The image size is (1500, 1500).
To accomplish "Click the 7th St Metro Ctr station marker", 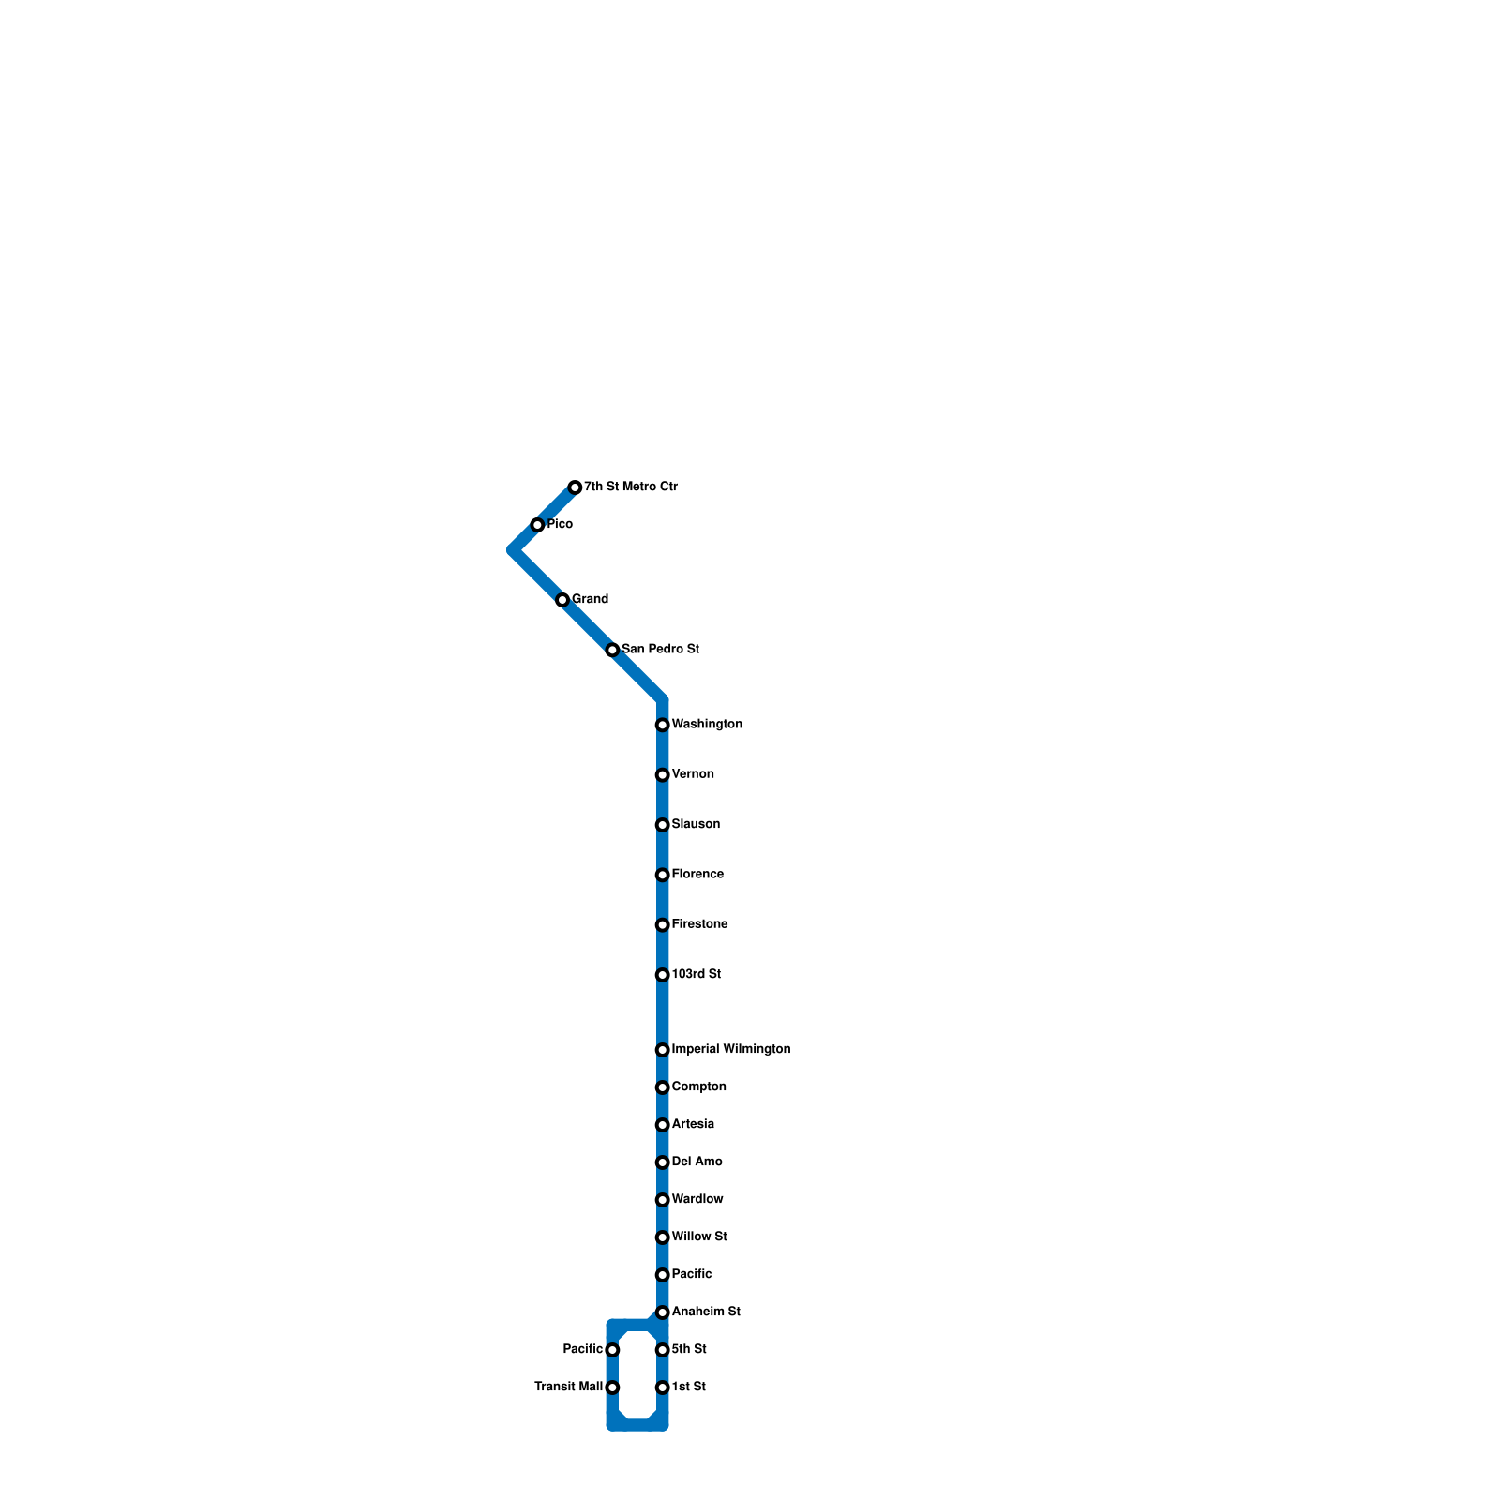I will click(575, 487).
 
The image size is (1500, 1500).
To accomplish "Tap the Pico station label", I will click(560, 524).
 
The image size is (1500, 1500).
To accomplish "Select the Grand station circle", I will click(562, 600).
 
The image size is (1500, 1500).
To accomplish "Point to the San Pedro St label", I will click(660, 649).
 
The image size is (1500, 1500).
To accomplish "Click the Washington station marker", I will click(662, 725).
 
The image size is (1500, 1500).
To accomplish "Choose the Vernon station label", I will click(693, 774).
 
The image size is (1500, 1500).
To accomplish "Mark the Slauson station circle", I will click(662, 825).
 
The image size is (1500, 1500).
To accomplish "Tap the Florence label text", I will click(697, 875).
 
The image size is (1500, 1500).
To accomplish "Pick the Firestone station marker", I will click(662, 925).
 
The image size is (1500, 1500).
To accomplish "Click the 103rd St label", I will click(696, 975).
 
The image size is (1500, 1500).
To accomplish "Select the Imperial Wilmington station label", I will click(731, 1049).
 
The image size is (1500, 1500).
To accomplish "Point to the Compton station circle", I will click(662, 1087).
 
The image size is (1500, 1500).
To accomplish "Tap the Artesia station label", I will click(693, 1124).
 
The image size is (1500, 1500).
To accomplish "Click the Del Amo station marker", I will click(662, 1162).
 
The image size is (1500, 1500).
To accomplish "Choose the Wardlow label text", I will click(697, 1199).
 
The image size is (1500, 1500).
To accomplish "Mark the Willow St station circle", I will click(662, 1237).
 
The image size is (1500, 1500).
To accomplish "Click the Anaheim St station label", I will click(706, 1312).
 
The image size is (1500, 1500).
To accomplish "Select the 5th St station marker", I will click(662, 1350).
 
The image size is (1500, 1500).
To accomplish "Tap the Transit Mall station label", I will click(568, 1387).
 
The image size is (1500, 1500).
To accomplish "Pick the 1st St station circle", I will click(662, 1387).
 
